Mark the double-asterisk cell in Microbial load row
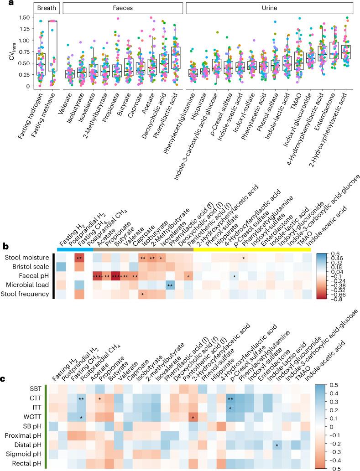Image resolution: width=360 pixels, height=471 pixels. [x=170, y=286]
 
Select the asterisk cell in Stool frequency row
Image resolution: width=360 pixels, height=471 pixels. [x=143, y=295]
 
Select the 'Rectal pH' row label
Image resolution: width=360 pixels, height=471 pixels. [x=32, y=464]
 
